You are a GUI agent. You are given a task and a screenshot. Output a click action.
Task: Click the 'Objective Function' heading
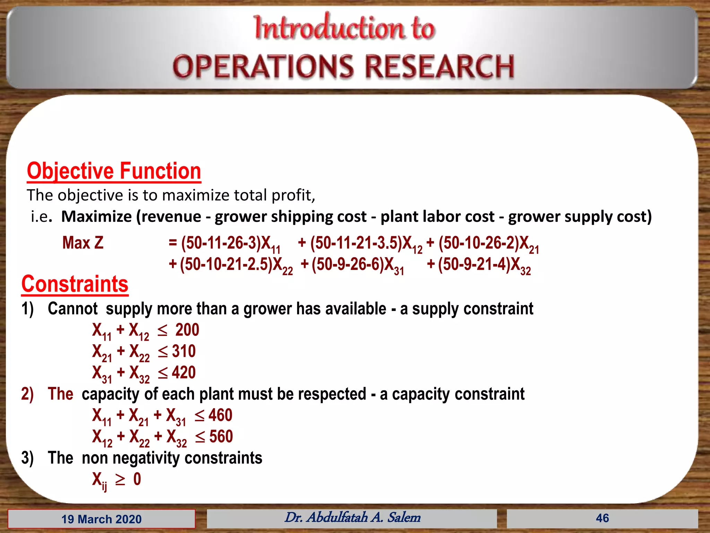114,171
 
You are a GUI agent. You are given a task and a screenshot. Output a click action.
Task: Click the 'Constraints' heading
75,284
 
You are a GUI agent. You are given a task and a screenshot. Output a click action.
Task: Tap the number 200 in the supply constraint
187,330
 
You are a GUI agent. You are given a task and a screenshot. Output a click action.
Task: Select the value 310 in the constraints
184,351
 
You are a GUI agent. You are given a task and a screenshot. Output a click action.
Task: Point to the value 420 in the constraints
184,372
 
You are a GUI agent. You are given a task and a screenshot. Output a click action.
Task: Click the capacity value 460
220,415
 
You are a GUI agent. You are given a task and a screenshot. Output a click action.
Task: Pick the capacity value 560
221,437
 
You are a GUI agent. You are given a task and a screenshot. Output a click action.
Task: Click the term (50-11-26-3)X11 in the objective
231,243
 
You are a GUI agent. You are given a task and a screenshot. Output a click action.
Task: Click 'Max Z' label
83,243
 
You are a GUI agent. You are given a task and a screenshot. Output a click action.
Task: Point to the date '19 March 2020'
101,519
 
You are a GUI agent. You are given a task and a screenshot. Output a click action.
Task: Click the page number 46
602,518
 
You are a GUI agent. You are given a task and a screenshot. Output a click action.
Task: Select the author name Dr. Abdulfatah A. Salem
352,517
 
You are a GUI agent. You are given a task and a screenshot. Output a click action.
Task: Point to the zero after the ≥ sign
137,479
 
